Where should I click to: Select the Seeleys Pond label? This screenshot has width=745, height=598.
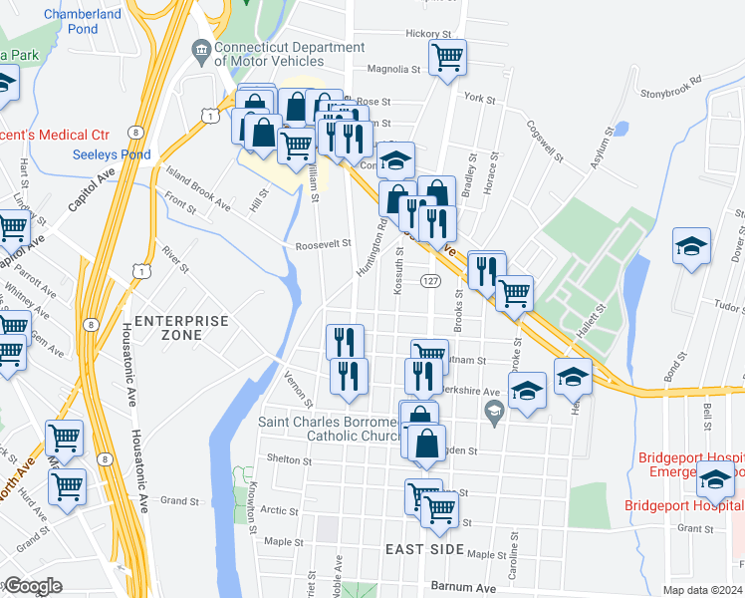[x=112, y=154]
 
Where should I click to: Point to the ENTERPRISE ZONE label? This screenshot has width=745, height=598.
[x=182, y=328]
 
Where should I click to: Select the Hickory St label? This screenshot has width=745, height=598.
[x=428, y=34]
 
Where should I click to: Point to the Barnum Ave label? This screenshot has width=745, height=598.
[x=463, y=588]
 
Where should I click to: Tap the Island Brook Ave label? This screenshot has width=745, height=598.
[x=198, y=188]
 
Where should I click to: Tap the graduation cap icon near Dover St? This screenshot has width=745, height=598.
[x=691, y=246]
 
